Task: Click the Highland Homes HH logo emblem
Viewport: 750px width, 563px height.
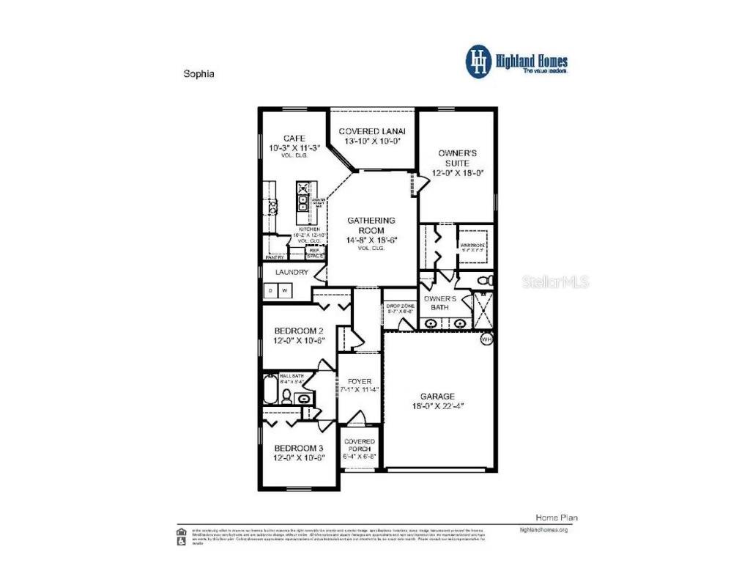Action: [x=478, y=62]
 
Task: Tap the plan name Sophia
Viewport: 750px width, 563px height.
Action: [x=198, y=74]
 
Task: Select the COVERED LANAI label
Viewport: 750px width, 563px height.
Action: [x=372, y=131]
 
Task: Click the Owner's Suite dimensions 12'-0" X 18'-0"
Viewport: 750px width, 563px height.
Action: [x=458, y=173]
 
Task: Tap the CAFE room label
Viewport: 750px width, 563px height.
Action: [x=294, y=138]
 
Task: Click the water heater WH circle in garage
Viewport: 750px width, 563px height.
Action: [x=486, y=339]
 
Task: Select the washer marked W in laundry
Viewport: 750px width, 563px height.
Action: [x=285, y=291]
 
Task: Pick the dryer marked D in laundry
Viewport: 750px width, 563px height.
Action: [x=270, y=291]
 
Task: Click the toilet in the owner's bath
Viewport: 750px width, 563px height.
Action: [x=484, y=281]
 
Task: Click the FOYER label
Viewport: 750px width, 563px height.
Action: [x=360, y=381]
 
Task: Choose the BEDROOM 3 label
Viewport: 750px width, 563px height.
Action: [x=298, y=448]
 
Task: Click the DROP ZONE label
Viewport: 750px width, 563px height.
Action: [x=400, y=306]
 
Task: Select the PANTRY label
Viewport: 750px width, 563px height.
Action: [x=275, y=257]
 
